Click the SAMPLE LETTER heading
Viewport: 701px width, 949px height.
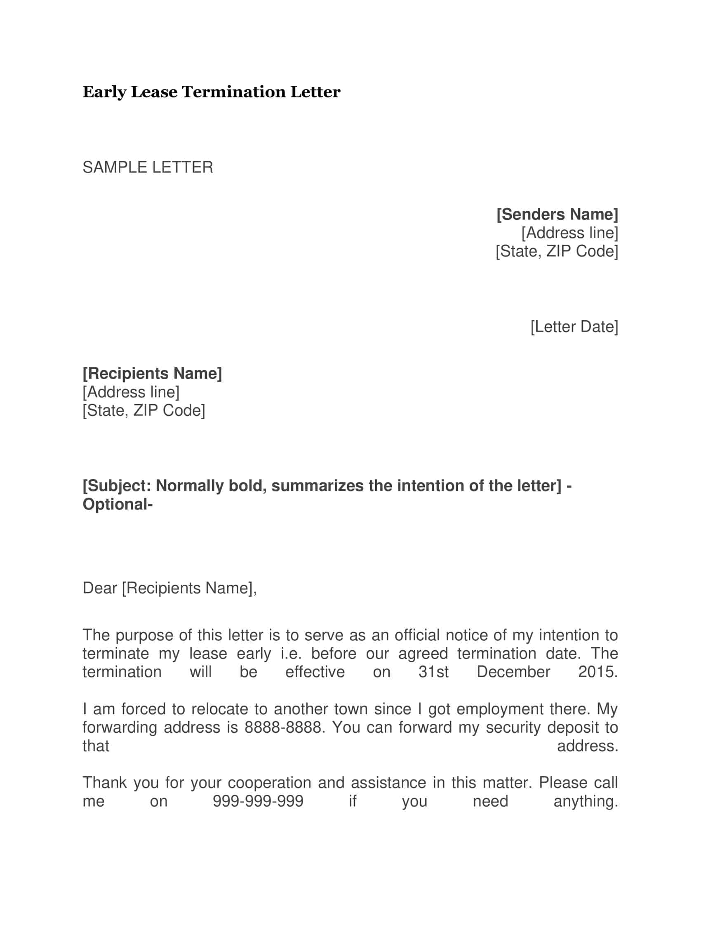click(148, 167)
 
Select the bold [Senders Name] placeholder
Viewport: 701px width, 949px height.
click(557, 215)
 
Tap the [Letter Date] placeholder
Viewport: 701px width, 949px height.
click(574, 326)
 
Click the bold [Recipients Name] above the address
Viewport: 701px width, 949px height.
click(152, 373)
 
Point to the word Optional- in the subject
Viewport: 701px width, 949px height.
click(118, 504)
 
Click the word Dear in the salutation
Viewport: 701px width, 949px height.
click(100, 588)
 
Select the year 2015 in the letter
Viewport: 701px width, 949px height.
click(597, 672)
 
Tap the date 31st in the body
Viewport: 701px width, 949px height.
click(433, 672)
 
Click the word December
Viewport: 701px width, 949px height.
click(513, 672)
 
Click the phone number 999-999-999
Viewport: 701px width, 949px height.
click(258, 801)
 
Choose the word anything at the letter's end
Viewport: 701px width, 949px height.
click(585, 801)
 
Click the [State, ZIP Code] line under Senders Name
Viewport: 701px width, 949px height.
click(557, 251)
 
